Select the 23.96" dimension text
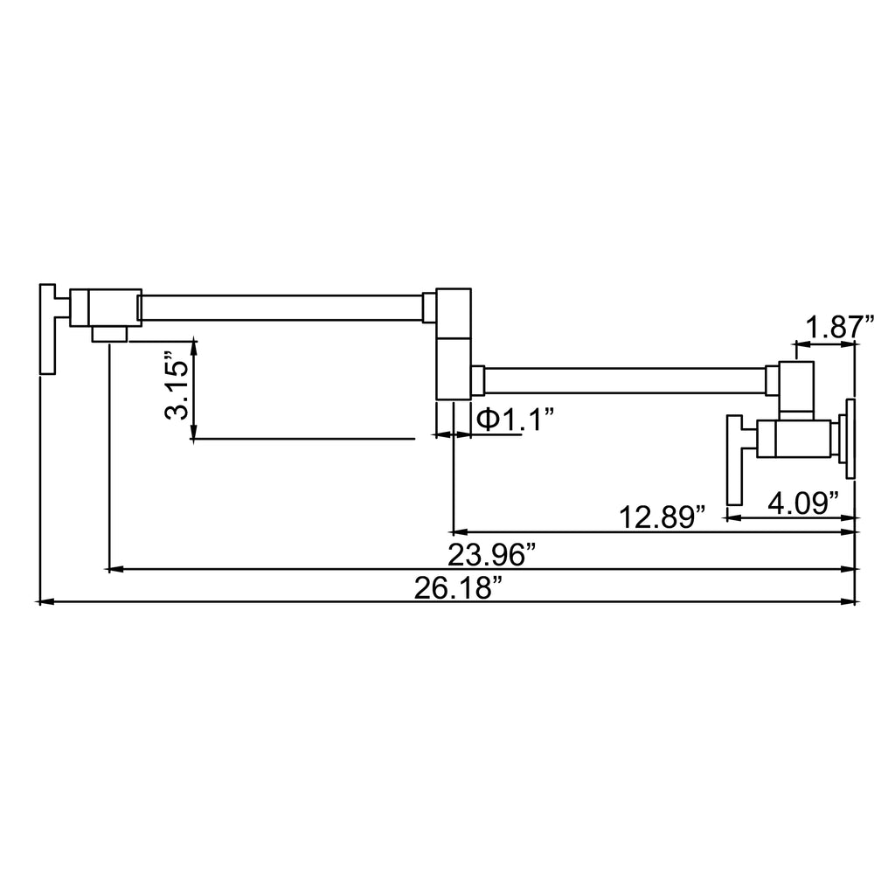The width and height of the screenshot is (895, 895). [492, 555]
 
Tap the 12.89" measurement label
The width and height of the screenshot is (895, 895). [663, 517]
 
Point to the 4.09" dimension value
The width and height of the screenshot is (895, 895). [803, 503]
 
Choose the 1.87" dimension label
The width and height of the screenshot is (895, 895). [840, 328]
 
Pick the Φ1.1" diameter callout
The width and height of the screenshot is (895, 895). [516, 420]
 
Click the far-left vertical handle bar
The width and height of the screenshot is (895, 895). [47, 329]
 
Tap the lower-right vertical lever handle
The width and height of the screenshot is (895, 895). [734, 460]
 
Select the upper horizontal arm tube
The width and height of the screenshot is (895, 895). [281, 308]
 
